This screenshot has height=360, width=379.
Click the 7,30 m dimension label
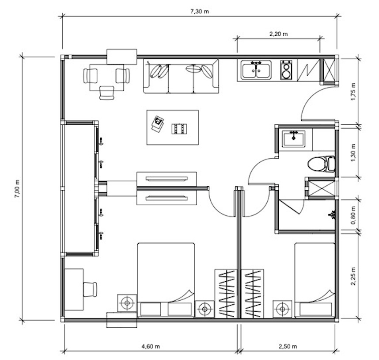coord(200,11)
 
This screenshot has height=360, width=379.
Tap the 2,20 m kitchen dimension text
coord(278,34)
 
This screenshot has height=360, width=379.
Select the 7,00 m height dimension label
coord(17,189)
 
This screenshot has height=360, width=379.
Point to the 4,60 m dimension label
coord(151,346)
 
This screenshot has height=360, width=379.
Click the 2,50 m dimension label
coord(288,346)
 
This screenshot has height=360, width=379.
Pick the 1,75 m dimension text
coord(353,92)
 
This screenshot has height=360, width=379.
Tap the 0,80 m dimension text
coord(353,215)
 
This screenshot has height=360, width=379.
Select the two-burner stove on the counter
coord(286,70)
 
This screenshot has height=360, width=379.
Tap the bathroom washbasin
coord(294,138)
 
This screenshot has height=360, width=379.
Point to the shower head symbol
coord(332,214)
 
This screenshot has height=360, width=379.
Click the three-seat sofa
coord(181,76)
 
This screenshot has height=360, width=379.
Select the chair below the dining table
coord(106,92)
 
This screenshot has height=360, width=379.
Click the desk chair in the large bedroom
coord(90,289)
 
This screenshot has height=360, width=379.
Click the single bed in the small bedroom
coord(315,280)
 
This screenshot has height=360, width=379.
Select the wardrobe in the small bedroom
coord(252,294)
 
